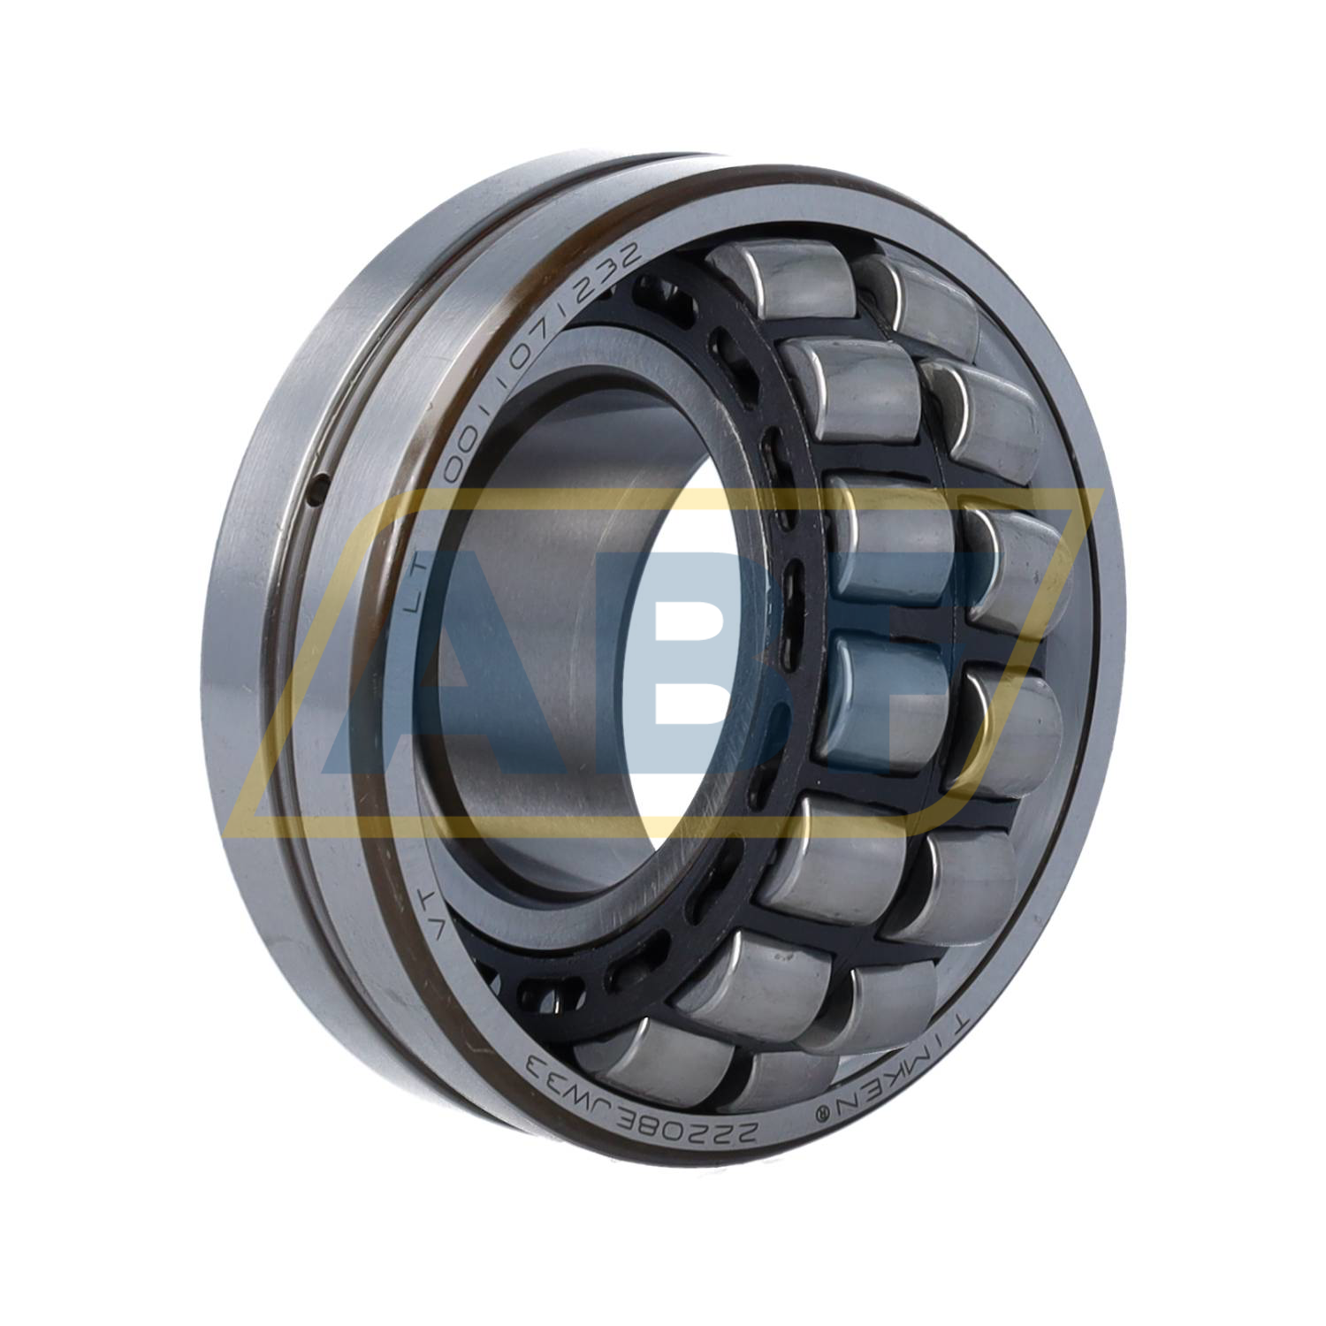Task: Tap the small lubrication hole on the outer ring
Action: coord(321,484)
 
